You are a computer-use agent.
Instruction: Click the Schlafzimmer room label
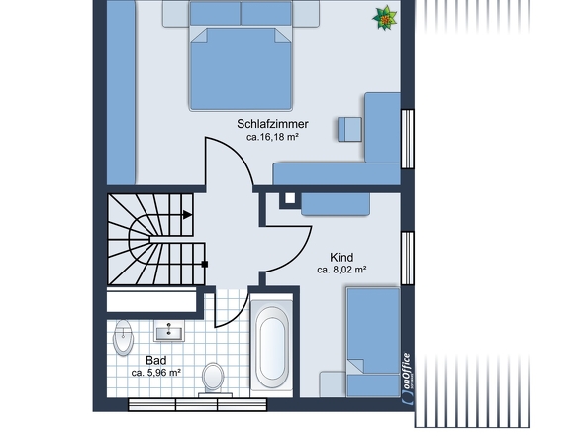(x=272, y=124)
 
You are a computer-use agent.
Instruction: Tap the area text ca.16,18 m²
(x=272, y=138)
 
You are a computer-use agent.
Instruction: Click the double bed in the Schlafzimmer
(x=242, y=64)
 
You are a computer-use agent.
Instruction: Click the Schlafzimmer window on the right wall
(x=406, y=136)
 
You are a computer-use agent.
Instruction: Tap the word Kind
(x=342, y=256)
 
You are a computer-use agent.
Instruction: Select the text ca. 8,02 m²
(x=342, y=269)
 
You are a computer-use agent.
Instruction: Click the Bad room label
(x=155, y=360)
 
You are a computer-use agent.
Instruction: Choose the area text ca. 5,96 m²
(x=155, y=373)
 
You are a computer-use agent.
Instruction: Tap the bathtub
(x=271, y=346)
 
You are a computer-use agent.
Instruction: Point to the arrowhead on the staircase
(x=189, y=213)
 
